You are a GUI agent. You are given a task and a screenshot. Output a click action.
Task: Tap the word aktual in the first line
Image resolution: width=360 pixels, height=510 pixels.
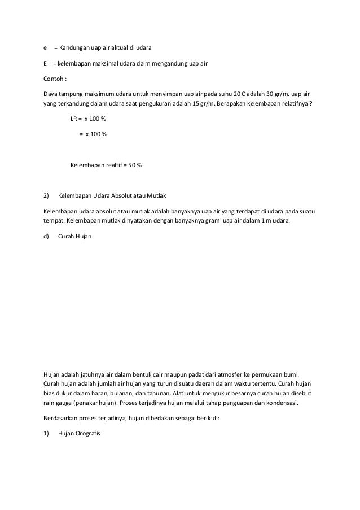click(x=117, y=46)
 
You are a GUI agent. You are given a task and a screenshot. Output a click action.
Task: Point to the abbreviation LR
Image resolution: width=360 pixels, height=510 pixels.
click(x=73, y=120)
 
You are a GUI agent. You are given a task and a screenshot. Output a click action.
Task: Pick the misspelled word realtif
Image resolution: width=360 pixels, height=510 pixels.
click(x=115, y=165)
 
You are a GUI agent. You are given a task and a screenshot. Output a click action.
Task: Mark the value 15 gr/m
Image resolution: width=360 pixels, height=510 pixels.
click(x=205, y=104)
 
